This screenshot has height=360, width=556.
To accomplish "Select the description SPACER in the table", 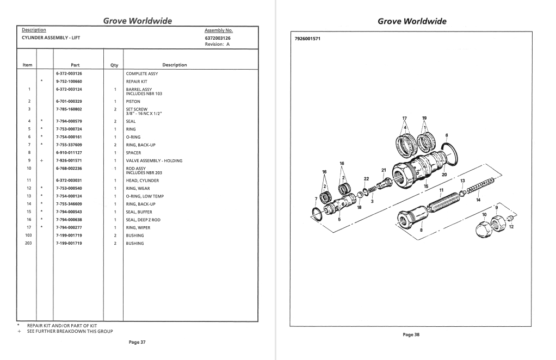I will click(133, 153).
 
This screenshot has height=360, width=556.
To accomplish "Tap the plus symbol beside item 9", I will click(41, 161).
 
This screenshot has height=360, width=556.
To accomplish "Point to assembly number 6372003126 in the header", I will click(218, 38).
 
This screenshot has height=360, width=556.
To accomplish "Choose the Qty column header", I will click(114, 65).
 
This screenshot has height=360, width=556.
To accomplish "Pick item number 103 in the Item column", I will click(28, 235).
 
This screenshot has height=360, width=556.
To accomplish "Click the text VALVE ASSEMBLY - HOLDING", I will click(154, 161).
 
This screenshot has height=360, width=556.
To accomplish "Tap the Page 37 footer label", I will click(137, 342).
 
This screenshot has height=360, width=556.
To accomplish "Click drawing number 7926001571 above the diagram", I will click(307, 39).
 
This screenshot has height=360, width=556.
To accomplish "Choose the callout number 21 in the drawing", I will click(384, 170).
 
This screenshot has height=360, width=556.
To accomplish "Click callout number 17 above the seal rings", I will click(404, 118).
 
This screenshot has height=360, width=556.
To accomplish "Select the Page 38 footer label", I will click(411, 334).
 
